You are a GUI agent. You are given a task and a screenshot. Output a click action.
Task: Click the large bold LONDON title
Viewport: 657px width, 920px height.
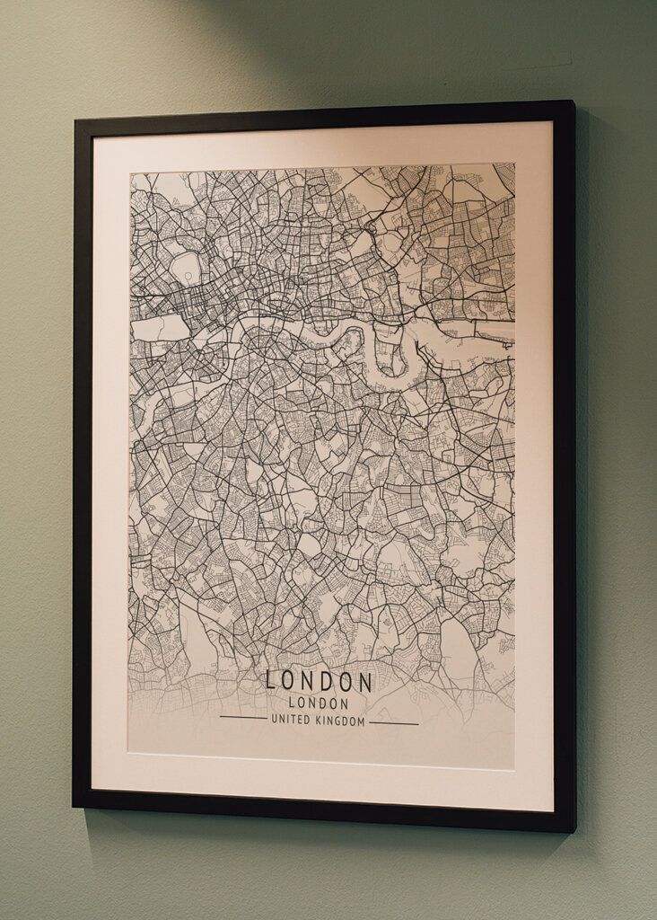pos(320,681)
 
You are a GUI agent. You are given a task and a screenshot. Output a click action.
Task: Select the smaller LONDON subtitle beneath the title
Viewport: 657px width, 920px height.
pos(319,704)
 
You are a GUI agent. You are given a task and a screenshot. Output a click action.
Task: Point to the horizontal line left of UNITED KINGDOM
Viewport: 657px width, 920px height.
pos(242,718)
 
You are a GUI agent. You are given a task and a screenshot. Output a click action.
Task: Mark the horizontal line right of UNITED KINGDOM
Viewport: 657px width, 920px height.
pos(394,723)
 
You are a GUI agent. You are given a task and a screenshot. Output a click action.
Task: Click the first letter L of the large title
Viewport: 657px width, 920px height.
pos(271,680)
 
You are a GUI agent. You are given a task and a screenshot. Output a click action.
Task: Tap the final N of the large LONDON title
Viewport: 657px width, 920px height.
pos(365,682)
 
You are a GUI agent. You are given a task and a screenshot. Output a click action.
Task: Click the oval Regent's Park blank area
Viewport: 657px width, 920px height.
pos(186,267)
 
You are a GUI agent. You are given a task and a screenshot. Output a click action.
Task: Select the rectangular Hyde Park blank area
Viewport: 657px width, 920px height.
pos(160,328)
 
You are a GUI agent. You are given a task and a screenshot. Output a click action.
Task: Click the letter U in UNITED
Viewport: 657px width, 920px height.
pos(275,721)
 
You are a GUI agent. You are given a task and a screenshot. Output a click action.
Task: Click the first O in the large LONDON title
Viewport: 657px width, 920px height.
pos(289,680)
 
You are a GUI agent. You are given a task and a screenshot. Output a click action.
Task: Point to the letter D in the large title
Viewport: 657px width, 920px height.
pos(327,681)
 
